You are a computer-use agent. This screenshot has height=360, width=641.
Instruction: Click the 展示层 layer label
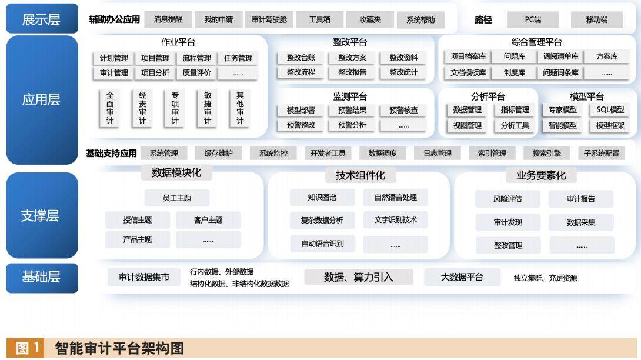click(x=42, y=19)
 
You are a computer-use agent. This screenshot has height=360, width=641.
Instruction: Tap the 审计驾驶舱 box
click(x=269, y=19)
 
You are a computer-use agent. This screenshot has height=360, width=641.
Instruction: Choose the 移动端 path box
click(x=596, y=19)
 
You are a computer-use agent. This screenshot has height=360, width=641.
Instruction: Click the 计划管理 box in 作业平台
click(x=114, y=58)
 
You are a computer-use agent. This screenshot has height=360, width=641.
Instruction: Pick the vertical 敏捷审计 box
click(x=208, y=108)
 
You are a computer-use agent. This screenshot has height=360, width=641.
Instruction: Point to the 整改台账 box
click(x=301, y=58)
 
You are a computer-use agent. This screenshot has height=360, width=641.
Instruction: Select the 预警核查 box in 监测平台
click(x=403, y=110)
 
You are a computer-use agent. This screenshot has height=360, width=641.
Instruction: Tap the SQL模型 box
click(x=610, y=110)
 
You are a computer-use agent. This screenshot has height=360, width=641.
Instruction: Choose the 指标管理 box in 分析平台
click(x=515, y=110)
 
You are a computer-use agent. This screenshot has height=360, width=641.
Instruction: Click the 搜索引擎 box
click(x=547, y=154)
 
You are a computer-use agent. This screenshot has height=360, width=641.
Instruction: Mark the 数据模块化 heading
click(x=176, y=172)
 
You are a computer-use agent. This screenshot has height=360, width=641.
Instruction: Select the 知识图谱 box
click(x=322, y=198)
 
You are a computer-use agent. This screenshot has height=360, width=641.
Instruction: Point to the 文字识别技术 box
click(x=395, y=220)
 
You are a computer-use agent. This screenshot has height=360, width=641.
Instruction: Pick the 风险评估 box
click(x=508, y=199)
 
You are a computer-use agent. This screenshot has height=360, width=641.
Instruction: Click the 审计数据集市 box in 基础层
click(x=144, y=277)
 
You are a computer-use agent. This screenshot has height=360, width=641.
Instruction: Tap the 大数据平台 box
click(x=462, y=277)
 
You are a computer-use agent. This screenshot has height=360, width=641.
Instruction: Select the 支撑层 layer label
click(x=42, y=215)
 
